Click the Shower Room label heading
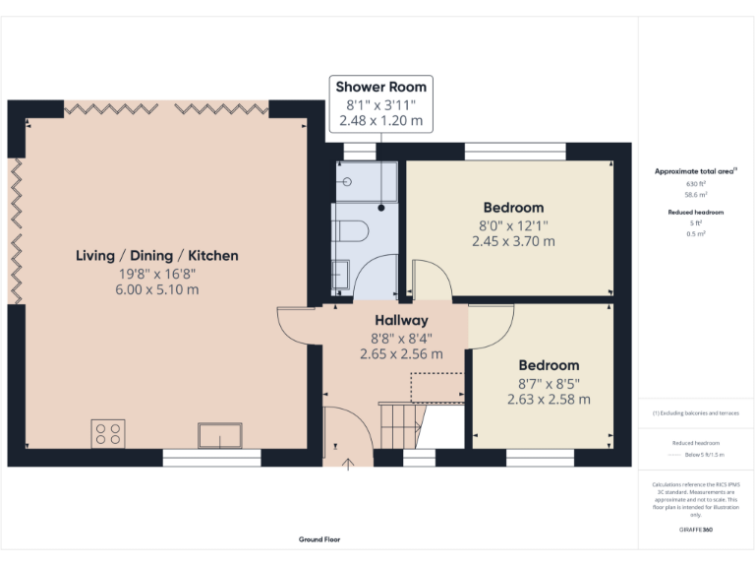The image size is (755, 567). pyautogui.click(x=382, y=87)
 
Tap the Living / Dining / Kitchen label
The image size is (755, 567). pyautogui.click(x=157, y=256)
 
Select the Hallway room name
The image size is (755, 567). pyautogui.click(x=401, y=320)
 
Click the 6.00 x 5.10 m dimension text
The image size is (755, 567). pyautogui.click(x=157, y=290)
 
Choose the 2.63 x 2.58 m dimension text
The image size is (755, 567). pyautogui.click(x=549, y=400)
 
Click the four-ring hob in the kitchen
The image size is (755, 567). pyautogui.click(x=108, y=433)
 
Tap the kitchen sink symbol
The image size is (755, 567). pyautogui.click(x=219, y=434)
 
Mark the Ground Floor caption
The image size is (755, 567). pyautogui.click(x=319, y=539)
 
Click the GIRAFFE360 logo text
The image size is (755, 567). pyautogui.click(x=695, y=530)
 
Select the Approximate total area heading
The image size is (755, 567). pyautogui.click(x=695, y=171)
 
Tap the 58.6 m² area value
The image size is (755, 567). pyautogui.click(x=695, y=195)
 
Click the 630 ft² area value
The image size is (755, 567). pyautogui.click(x=695, y=184)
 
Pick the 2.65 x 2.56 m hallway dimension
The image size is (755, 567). pyautogui.click(x=401, y=353)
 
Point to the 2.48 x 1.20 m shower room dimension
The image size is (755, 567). pyautogui.click(x=382, y=121)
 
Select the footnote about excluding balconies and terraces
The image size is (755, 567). pyautogui.click(x=695, y=413)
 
